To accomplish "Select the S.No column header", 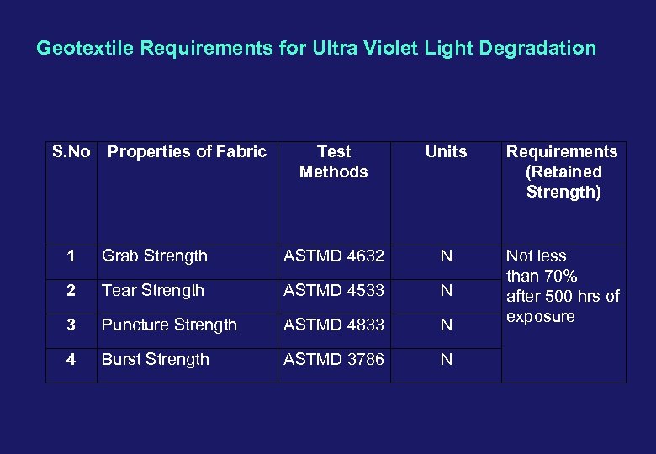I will (71, 152).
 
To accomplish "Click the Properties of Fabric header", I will (187, 152).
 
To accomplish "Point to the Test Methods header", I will (334, 161).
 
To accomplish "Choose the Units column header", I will (446, 152).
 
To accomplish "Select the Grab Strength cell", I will (155, 256).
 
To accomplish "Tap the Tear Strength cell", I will (153, 291).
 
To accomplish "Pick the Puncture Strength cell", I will (169, 325).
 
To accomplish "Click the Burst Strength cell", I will (156, 360).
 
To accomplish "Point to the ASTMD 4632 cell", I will (334, 256).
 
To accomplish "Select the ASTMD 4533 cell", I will (334, 291).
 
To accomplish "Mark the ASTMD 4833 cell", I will (334, 325).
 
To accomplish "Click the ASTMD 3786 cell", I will (334, 360).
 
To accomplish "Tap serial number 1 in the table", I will (71, 256).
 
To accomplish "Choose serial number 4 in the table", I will (71, 360).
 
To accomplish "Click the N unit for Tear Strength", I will (446, 291).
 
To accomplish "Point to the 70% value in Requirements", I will (559, 277).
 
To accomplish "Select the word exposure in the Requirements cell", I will (540, 317).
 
